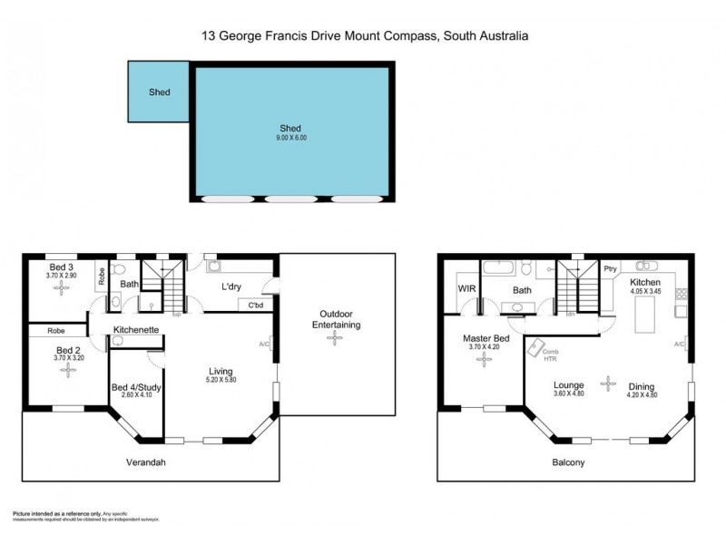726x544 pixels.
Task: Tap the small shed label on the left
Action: click(x=160, y=92)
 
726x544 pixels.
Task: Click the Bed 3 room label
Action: click(x=61, y=267)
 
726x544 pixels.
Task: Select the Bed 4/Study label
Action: click(x=136, y=388)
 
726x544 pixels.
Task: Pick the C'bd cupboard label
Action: click(x=256, y=306)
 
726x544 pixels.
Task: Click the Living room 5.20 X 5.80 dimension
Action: click(x=221, y=381)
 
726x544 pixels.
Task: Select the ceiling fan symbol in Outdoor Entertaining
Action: click(x=336, y=337)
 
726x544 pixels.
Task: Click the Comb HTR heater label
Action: click(x=550, y=355)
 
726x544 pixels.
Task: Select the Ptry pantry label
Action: click(x=610, y=267)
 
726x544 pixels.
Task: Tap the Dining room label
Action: click(x=640, y=387)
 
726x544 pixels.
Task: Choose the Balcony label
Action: click(x=568, y=461)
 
